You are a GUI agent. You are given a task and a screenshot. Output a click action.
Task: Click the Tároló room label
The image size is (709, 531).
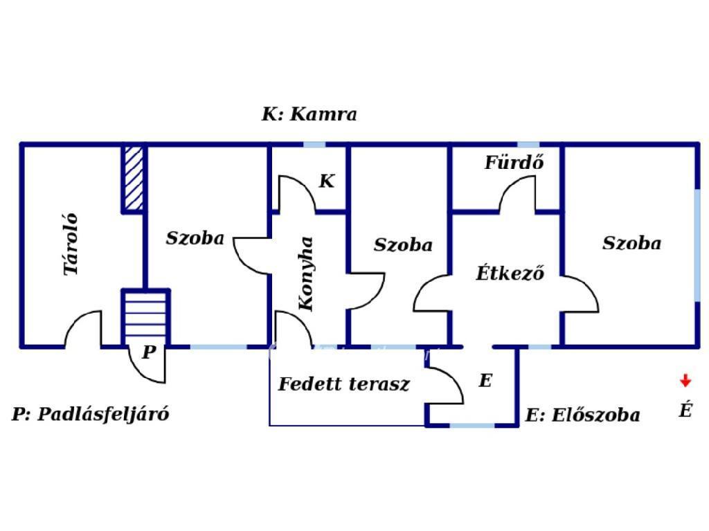[x=72, y=244]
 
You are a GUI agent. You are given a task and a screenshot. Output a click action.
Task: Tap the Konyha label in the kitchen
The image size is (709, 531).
[x=307, y=273]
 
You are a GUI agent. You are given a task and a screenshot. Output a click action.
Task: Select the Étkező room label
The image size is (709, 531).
[x=510, y=273]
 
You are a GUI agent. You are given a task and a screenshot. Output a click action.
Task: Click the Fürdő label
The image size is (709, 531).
[x=514, y=163]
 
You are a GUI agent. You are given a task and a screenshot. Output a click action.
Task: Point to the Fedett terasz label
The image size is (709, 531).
[x=343, y=384]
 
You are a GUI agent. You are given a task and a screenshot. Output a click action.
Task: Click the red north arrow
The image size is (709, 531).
[x=685, y=380]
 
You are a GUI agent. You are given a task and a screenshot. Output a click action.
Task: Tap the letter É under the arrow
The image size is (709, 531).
[x=685, y=411]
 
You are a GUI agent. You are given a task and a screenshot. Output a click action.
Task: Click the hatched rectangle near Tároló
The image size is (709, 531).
[x=133, y=178]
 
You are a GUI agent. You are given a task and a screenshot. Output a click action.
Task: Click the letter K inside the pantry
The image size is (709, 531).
[x=327, y=181]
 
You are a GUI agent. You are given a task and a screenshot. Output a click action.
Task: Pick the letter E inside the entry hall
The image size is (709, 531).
[x=485, y=380]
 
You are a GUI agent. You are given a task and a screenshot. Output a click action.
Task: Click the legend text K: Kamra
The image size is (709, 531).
[x=309, y=114]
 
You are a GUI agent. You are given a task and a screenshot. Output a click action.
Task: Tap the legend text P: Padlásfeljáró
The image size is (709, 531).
[x=91, y=414]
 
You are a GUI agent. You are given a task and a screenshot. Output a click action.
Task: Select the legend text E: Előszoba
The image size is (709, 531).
[x=582, y=415]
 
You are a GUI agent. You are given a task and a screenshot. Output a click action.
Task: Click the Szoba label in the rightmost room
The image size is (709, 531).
[x=631, y=243]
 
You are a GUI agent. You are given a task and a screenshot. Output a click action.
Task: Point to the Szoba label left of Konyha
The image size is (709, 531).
[x=195, y=238]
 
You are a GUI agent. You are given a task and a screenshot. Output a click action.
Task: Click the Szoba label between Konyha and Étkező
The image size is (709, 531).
[x=403, y=244]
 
